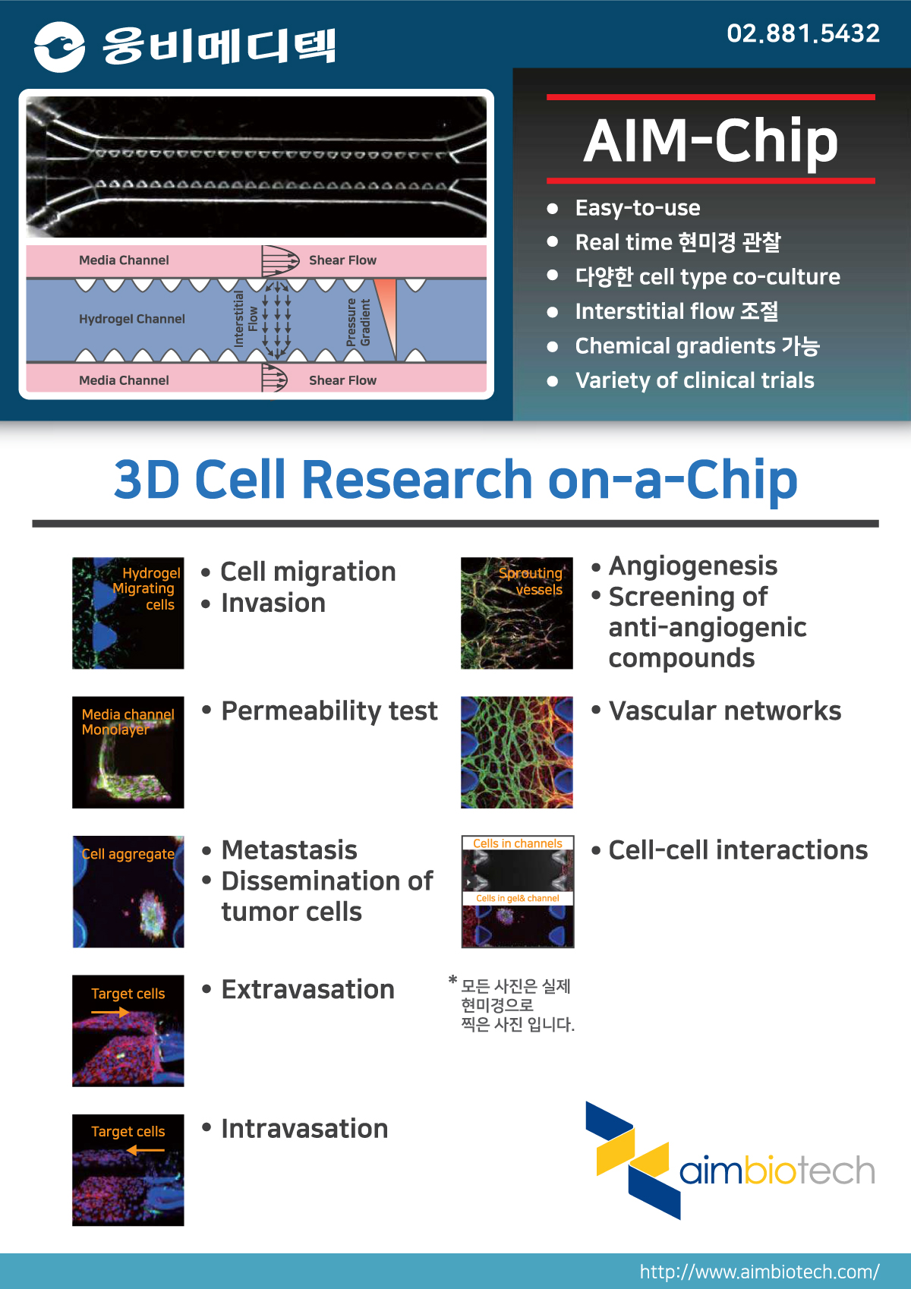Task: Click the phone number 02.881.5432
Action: (802, 33)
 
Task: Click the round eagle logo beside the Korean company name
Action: (59, 46)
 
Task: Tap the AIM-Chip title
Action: (711, 141)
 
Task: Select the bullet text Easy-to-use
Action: (638, 208)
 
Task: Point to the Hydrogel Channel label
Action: (132, 319)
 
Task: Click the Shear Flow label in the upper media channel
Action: (342, 260)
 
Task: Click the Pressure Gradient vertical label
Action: (358, 322)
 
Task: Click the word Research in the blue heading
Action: (418, 479)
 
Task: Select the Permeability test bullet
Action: (329, 711)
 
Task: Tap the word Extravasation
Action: (308, 989)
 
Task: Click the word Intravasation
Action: (304, 1129)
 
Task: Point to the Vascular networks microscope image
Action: (517, 752)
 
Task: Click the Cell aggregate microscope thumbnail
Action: (128, 891)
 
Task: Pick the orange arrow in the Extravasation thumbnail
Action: (110, 1012)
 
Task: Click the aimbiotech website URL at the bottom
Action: (760, 1272)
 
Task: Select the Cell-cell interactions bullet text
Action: (739, 850)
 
